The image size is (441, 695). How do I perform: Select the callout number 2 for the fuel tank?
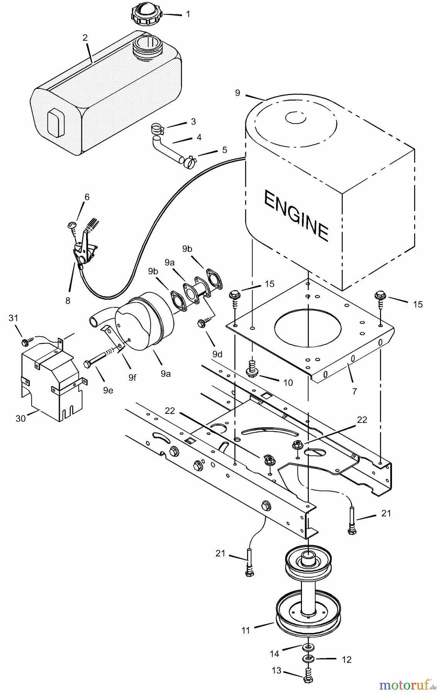pyautogui.click(x=85, y=38)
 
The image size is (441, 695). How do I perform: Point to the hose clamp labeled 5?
pyautogui.click(x=190, y=161)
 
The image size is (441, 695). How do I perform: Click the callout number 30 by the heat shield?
pyautogui.click(x=20, y=418)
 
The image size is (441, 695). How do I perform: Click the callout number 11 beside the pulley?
pyautogui.click(x=246, y=630)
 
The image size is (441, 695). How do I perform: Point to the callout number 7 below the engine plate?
pyautogui.click(x=354, y=391)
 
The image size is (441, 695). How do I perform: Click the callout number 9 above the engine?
pyautogui.click(x=237, y=93)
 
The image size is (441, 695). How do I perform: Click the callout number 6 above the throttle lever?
pyautogui.click(x=87, y=197)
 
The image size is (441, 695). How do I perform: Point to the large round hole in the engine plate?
pyautogui.click(x=308, y=327)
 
